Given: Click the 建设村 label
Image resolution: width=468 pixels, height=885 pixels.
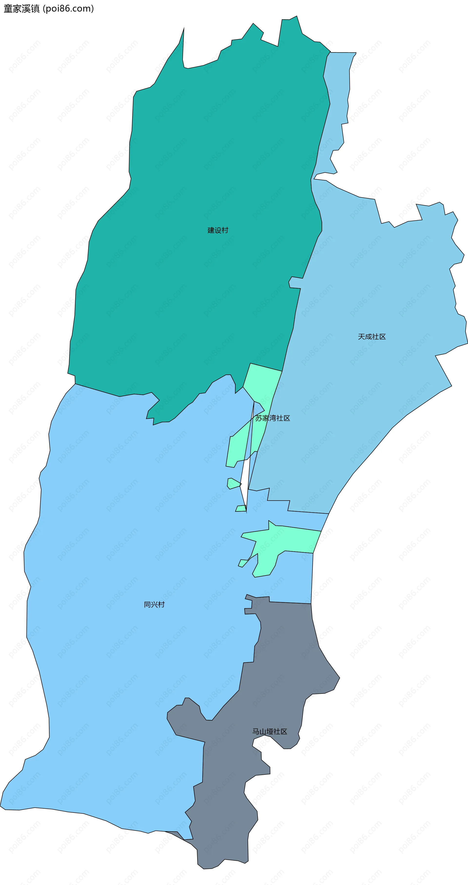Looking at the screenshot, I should click(x=218, y=230).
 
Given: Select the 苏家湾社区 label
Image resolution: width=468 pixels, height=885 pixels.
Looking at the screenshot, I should click(x=273, y=418).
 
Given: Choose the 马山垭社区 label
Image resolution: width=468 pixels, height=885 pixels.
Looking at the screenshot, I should click(x=270, y=731).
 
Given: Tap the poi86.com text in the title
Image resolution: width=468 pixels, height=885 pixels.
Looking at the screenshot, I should click(x=68, y=9).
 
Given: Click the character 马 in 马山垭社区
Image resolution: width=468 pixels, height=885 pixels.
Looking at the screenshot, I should click(x=256, y=731).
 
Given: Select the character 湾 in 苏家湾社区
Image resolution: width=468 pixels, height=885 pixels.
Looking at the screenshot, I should click(x=273, y=418).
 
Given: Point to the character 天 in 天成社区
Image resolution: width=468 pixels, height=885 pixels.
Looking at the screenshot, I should click(x=361, y=337).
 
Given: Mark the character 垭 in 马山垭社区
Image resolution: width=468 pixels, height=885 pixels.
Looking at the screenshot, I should click(x=270, y=731).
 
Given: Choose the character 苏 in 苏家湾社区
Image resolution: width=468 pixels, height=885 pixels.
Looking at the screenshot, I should click(x=259, y=418).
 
